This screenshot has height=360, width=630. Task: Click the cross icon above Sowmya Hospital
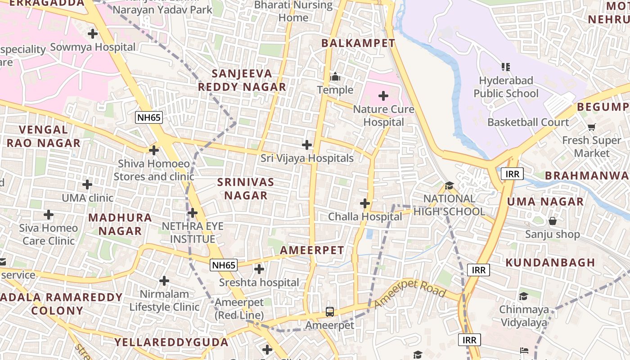pyautogui.click(x=93, y=34)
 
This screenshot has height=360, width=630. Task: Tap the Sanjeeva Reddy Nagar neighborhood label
pyautogui.click(x=242, y=80)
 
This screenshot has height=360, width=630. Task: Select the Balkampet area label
pyautogui.click(x=358, y=43)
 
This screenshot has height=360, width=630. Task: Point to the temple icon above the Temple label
pyautogui.click(x=335, y=77)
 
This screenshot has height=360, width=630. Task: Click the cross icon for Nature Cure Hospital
pyautogui.click(x=383, y=96)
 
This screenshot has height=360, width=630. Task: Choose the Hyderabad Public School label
pyautogui.click(x=506, y=87)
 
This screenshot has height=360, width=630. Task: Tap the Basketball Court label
pyautogui.click(x=528, y=122)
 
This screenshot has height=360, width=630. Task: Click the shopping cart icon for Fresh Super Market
pyautogui.click(x=591, y=127)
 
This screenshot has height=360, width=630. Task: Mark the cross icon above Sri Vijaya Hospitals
pyautogui.click(x=307, y=145)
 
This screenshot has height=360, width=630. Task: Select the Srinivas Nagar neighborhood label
pyautogui.click(x=246, y=189)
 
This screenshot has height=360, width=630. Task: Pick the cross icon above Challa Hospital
pyautogui.click(x=365, y=203)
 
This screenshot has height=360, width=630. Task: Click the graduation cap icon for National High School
pyautogui.click(x=449, y=185)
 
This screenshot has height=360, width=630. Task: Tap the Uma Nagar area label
pyautogui.click(x=545, y=202)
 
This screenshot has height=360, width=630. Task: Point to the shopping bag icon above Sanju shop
pyautogui.click(x=553, y=221)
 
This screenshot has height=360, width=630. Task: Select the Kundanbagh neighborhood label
pyautogui.click(x=550, y=262)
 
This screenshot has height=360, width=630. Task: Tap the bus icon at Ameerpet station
pyautogui.click(x=330, y=311)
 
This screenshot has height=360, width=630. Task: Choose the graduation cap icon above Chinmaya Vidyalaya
pyautogui.click(x=523, y=296)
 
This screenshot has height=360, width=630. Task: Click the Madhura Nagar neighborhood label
pyautogui.click(x=120, y=224)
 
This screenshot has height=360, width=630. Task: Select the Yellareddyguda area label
pyautogui.click(x=171, y=342)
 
